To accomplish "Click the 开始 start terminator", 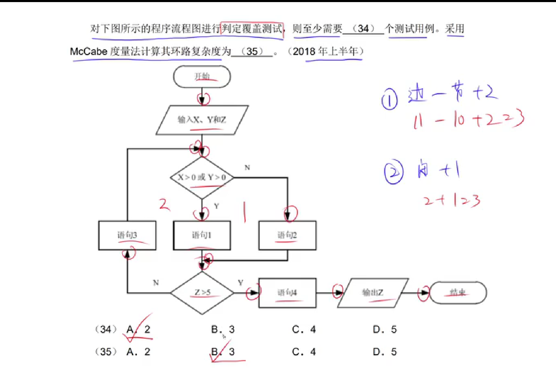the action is (x=202, y=77).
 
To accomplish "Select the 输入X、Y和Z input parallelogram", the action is (x=202, y=120).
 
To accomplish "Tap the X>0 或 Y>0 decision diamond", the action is (x=202, y=178).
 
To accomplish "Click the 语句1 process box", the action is (x=202, y=235).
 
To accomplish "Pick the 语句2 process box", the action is (x=287, y=235).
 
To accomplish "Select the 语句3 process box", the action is (x=127, y=235).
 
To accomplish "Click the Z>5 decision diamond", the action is (x=202, y=293).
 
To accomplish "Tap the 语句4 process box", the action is (x=287, y=293).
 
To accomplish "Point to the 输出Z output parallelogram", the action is (x=373, y=293).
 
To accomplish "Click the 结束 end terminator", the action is (x=458, y=293).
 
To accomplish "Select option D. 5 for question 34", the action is (x=385, y=329).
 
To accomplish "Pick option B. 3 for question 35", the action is (x=223, y=352).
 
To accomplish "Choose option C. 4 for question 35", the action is (x=304, y=352).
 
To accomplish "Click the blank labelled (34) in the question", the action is (x=363, y=29).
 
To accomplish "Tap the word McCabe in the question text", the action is (x=88, y=52).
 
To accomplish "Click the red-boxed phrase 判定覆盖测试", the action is (x=252, y=28).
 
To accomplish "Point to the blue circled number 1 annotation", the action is (x=390, y=99).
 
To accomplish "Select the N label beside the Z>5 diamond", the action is (x=156, y=283).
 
